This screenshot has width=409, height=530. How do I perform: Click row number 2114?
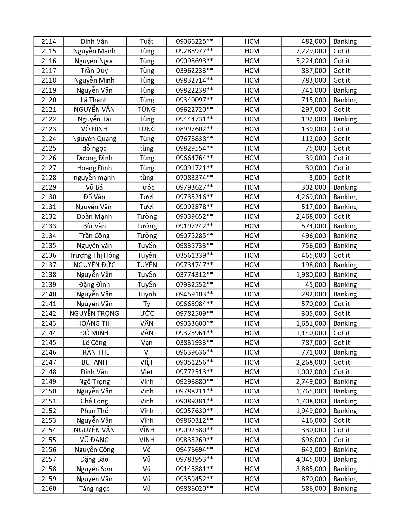(49, 41)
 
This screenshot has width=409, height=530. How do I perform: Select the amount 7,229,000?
(311, 51)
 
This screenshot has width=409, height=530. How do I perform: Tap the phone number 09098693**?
(194, 61)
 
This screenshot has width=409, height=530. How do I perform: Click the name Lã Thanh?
(94, 100)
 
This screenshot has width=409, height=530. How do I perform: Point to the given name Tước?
(147, 187)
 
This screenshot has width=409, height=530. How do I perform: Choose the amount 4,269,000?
(311, 197)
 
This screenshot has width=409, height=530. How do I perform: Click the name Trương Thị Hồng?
(94, 255)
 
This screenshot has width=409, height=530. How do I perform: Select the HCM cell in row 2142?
(252, 314)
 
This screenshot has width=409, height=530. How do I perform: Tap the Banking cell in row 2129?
(345, 187)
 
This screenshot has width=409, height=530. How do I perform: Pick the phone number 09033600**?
(194, 323)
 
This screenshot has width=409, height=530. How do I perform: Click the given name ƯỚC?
(147, 314)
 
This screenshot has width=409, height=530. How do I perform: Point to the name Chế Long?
(94, 401)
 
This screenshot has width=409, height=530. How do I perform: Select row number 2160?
(49, 489)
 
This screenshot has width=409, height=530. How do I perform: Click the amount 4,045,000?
(311, 459)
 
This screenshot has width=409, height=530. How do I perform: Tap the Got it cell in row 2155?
(342, 440)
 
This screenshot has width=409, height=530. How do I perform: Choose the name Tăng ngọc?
(94, 489)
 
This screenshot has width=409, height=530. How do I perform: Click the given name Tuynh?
(147, 294)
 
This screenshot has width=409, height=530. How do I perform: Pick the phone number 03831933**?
(194, 343)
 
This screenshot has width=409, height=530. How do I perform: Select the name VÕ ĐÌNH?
(94, 129)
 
